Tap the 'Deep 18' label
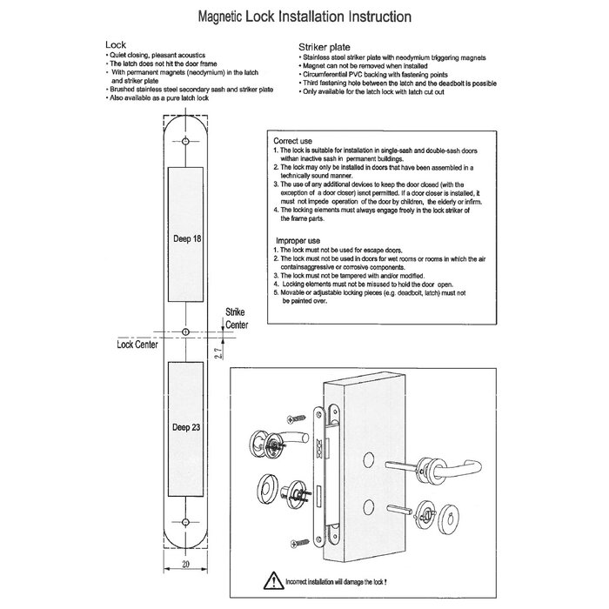186,237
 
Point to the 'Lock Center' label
136,345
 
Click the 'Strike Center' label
237,318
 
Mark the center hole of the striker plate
187,331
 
